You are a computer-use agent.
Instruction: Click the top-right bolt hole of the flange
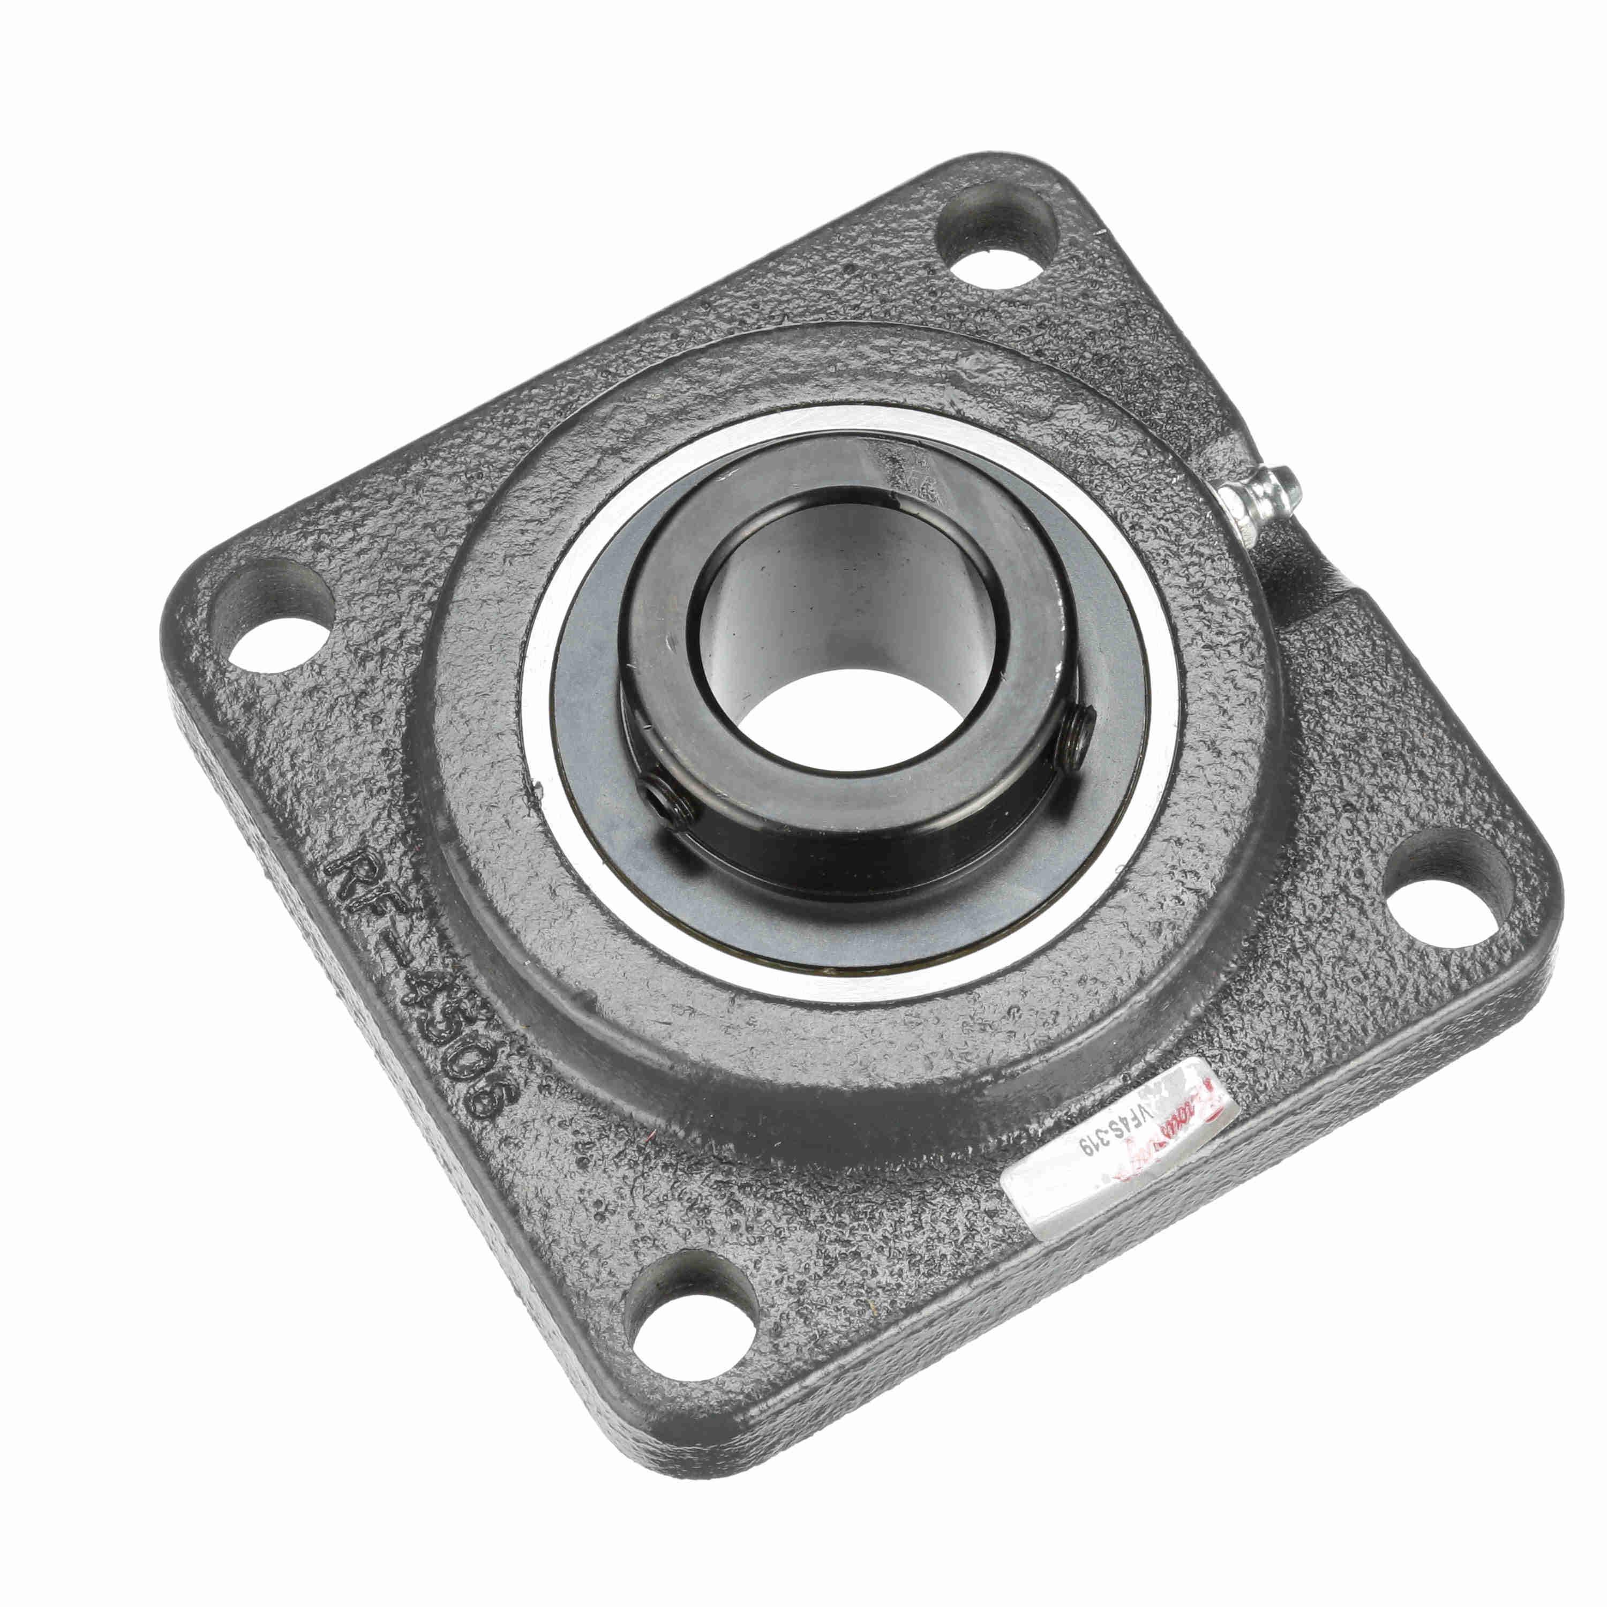[x=997, y=241]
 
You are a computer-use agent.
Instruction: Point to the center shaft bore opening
[x=840, y=657]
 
